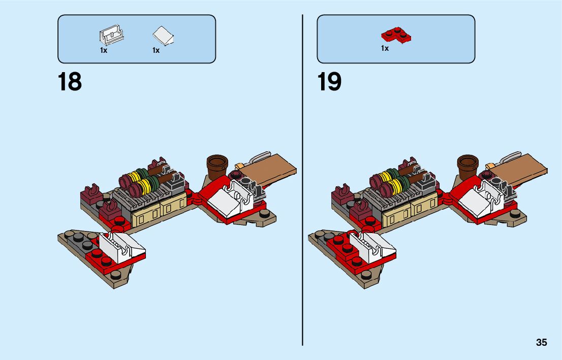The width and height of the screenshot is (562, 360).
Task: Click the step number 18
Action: coord(70,82)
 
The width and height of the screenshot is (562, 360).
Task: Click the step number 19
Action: coord(330,82)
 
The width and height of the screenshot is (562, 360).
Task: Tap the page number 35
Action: coord(541,343)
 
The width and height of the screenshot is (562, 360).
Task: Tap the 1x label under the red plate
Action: coord(385,49)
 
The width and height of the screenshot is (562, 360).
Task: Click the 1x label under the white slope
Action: coord(155,50)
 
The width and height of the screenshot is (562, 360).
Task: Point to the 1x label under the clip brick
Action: coord(104,50)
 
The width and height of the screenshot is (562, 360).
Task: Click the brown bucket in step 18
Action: coord(217,164)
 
